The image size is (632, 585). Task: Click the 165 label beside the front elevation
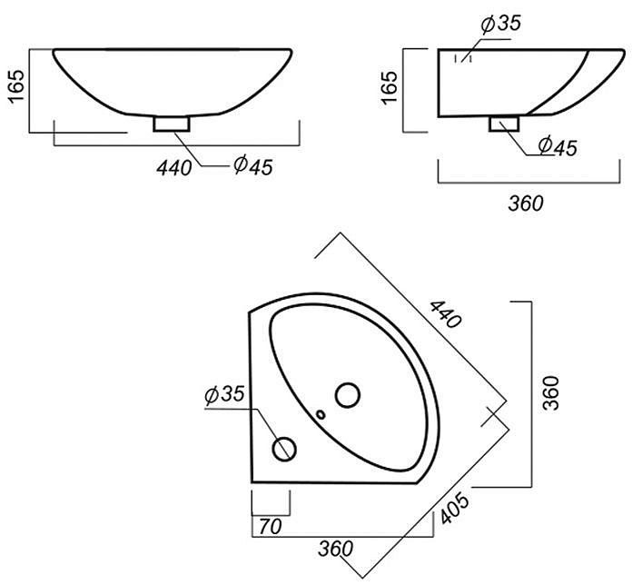[x=16, y=86]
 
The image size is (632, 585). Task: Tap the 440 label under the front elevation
[x=174, y=168]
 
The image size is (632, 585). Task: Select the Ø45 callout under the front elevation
[x=253, y=165]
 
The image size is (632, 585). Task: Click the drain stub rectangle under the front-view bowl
[x=172, y=124]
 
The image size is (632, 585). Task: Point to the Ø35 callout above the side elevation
[x=501, y=24]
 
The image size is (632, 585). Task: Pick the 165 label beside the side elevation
[x=390, y=88]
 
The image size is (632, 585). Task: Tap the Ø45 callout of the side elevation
[x=558, y=146]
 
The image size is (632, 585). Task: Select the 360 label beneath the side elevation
[x=526, y=203]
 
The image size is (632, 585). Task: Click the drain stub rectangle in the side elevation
[x=504, y=124]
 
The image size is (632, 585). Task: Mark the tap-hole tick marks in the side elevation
[x=463, y=58]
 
